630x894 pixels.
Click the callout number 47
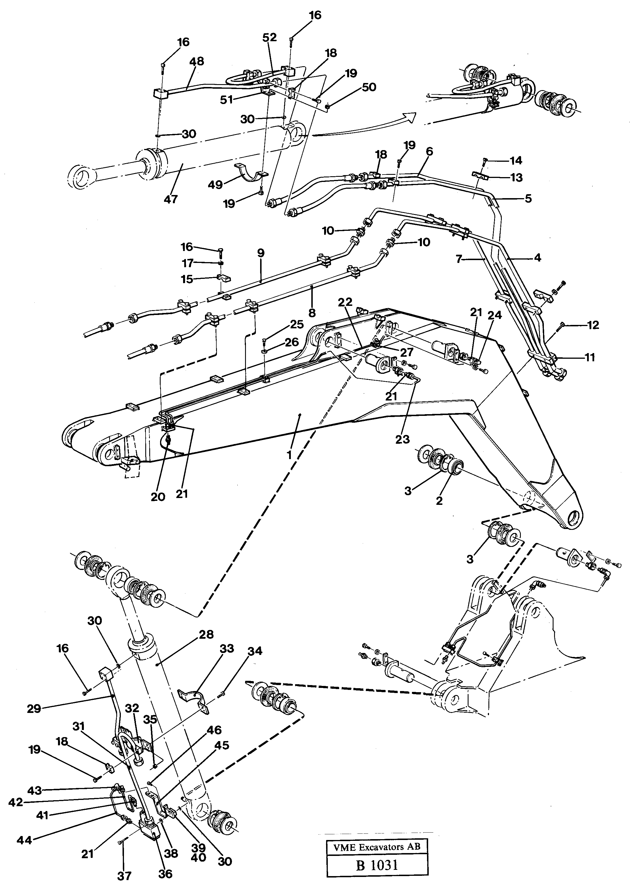(x=171, y=199)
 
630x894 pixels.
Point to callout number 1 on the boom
(x=289, y=455)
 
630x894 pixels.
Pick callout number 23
(x=402, y=439)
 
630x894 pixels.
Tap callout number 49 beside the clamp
(x=215, y=184)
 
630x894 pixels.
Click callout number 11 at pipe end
(x=590, y=357)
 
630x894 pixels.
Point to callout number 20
(x=158, y=497)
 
